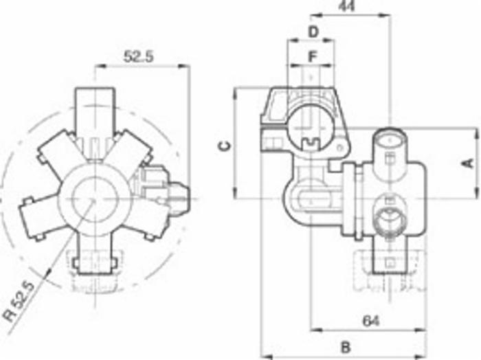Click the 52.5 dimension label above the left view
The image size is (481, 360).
click(x=138, y=56)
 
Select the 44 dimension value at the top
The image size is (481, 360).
click(x=346, y=6)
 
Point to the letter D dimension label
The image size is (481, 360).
click(x=313, y=32)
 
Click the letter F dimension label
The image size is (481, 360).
click(x=312, y=57)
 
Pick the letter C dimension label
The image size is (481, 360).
click(x=225, y=146)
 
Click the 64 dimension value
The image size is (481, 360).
click(x=371, y=321)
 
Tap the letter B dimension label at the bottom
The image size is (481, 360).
click(x=346, y=348)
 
